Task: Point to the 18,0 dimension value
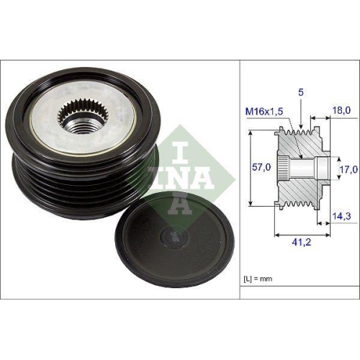341,110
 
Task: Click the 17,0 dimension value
348,169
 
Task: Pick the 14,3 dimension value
341,215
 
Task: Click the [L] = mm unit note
258,276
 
